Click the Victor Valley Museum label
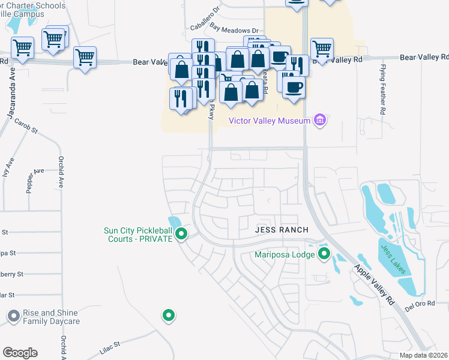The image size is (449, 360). (x=270, y=121)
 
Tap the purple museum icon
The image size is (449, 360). (x=320, y=121)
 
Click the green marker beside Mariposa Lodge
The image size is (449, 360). (x=325, y=254)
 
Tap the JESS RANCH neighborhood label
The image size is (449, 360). (x=282, y=230)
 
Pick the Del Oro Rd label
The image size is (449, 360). (x=419, y=305)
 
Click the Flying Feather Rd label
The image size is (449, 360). (x=382, y=90)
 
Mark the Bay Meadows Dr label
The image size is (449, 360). (x=234, y=29)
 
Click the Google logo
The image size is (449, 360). (x=20, y=352)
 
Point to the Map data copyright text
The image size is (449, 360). (x=424, y=355)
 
